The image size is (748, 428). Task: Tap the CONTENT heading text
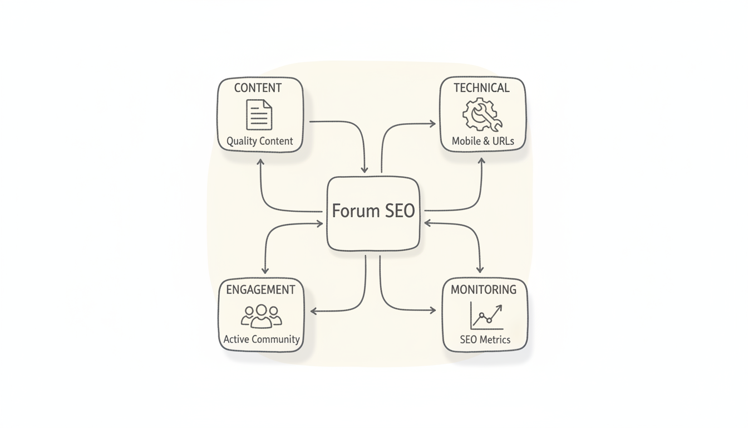[x=258, y=88]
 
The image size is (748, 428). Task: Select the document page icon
[x=259, y=114]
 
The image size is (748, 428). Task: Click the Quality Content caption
[x=259, y=142]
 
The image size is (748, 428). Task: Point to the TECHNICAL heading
[x=481, y=88]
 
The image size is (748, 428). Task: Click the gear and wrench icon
[x=482, y=115]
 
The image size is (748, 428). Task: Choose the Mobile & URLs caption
[x=483, y=142]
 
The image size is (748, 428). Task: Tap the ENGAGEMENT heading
[x=260, y=290]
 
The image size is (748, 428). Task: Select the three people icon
[x=262, y=316]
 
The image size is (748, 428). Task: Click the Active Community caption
[x=262, y=339]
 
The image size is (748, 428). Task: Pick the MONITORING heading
[x=484, y=290]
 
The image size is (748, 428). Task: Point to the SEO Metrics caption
[x=485, y=339]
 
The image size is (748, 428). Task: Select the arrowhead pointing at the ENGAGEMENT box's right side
[x=314, y=311]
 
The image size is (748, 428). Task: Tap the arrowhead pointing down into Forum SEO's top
[x=365, y=169]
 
